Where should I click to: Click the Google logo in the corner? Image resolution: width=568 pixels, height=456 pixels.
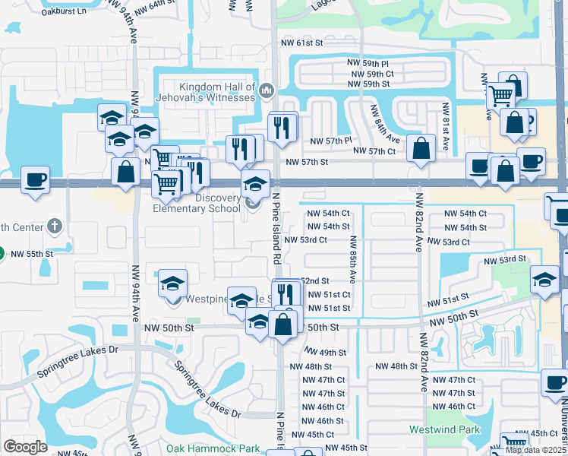26,447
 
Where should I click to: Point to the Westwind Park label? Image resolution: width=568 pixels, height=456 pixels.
444,429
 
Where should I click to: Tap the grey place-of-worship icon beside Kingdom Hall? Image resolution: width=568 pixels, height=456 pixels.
266,92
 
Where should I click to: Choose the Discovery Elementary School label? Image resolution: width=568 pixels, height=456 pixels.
197,203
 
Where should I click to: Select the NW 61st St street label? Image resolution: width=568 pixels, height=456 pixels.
302,43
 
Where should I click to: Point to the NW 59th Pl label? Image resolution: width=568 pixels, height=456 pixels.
368,63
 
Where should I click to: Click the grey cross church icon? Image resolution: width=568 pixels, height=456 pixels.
53,226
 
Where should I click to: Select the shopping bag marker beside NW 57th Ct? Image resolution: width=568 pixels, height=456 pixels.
421,147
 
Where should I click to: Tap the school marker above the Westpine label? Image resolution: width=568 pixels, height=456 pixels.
172,283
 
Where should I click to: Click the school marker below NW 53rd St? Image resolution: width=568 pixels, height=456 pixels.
544,280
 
